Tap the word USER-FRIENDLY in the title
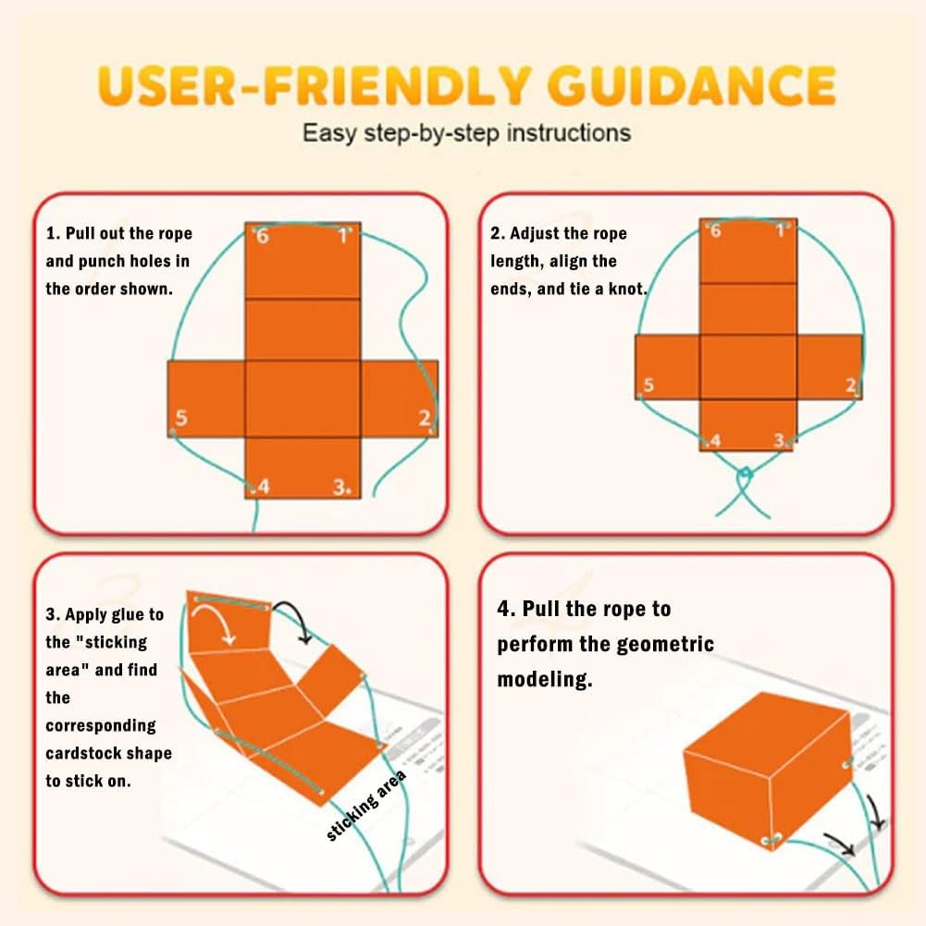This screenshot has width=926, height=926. click(313, 86)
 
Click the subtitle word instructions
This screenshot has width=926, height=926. click(569, 133)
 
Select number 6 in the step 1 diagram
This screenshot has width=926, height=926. click(262, 236)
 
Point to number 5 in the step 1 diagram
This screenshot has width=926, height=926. click(181, 418)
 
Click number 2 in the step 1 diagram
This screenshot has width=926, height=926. click(425, 418)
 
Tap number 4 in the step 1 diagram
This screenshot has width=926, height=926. click(264, 486)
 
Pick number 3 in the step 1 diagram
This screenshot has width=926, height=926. click(340, 487)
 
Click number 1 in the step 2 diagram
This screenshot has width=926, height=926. click(781, 230)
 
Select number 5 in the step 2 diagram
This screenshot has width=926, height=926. click(648, 385)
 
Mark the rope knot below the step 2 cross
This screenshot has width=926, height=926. click(745, 474)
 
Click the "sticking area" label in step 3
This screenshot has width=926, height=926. click(366, 805)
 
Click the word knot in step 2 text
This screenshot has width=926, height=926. click(628, 289)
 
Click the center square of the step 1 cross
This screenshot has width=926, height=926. click(302, 399)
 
